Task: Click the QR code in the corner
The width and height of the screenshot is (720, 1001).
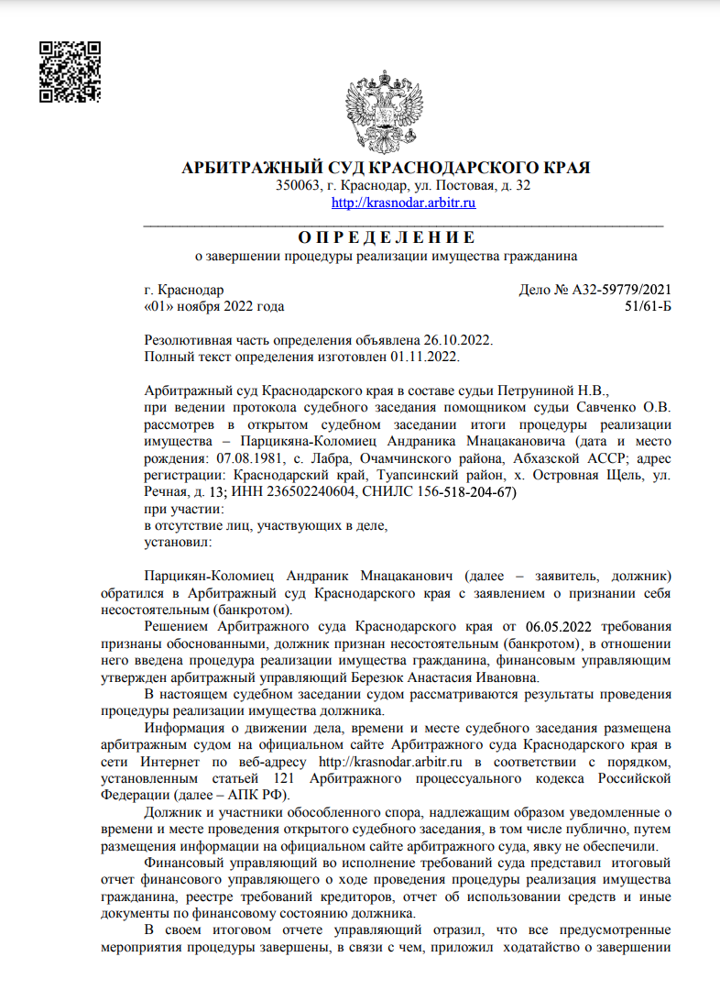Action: coord(71,71)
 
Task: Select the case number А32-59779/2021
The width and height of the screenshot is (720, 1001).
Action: coord(619,291)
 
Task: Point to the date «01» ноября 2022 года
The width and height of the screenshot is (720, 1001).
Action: coord(214,306)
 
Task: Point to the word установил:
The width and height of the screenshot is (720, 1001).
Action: coord(179,542)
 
